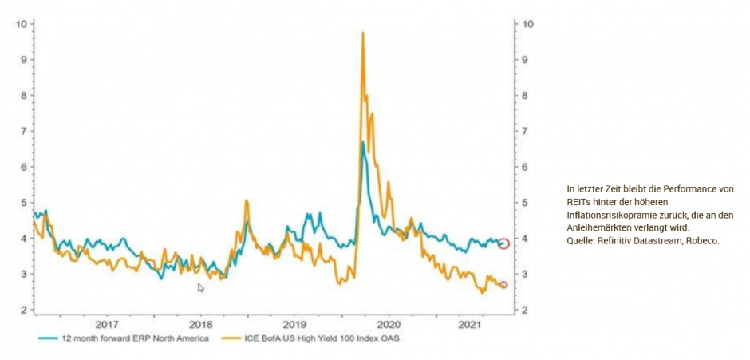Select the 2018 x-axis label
tap(201, 325)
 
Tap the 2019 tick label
tap(294, 325)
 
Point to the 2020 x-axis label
tap(389, 325)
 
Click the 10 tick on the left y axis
tap(22, 23)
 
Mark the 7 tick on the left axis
tap(25, 131)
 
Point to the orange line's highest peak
tap(363, 33)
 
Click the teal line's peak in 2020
tap(363, 142)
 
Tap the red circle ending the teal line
tap(503, 243)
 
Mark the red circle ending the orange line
tap(503, 285)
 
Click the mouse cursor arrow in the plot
tap(200, 287)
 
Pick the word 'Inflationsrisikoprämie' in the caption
tap(602, 215)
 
